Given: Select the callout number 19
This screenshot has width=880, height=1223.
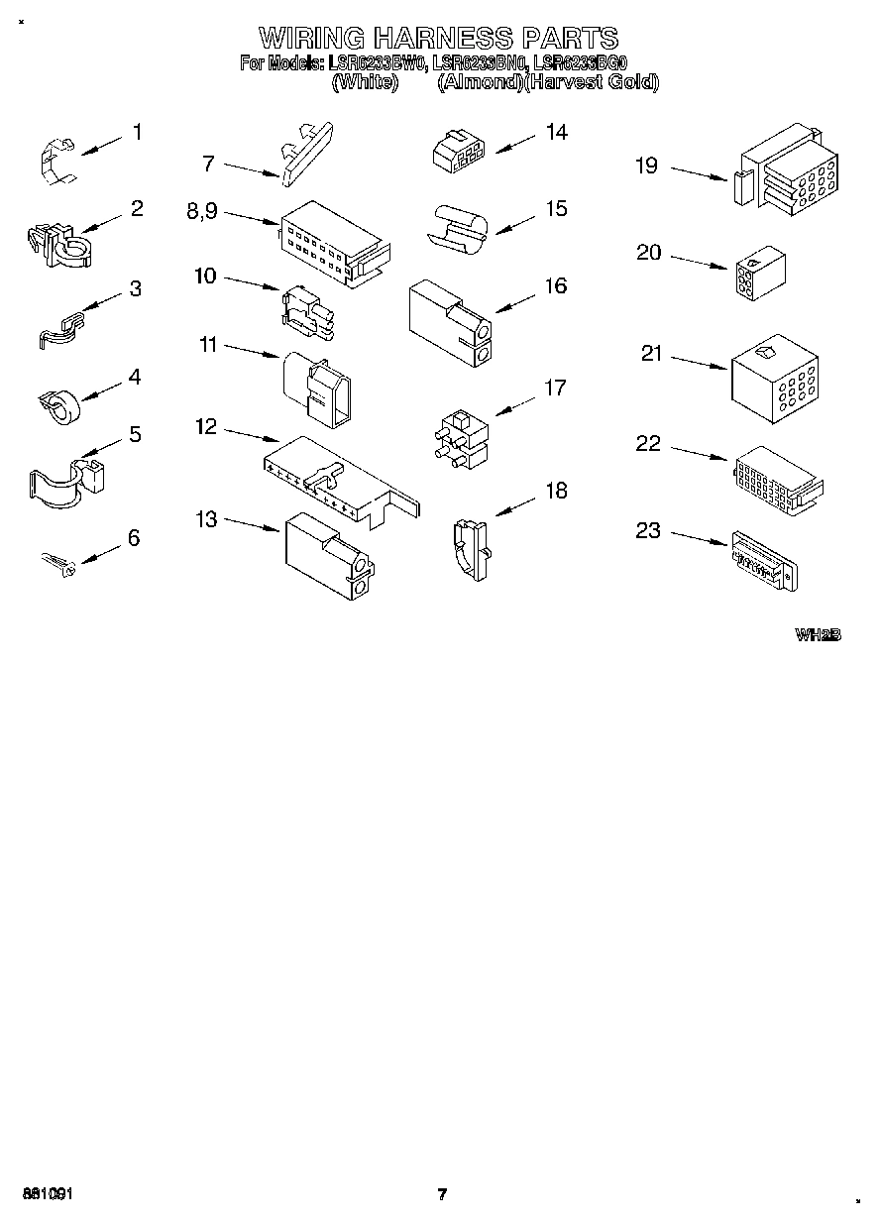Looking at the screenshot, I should (x=646, y=166).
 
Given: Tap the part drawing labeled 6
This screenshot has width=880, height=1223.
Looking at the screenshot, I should (x=58, y=565).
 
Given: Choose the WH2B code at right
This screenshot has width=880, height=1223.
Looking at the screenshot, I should (x=817, y=635).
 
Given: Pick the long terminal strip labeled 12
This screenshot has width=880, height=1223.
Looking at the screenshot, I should (x=337, y=479).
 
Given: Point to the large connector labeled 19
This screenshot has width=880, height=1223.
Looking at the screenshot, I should (x=788, y=168).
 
